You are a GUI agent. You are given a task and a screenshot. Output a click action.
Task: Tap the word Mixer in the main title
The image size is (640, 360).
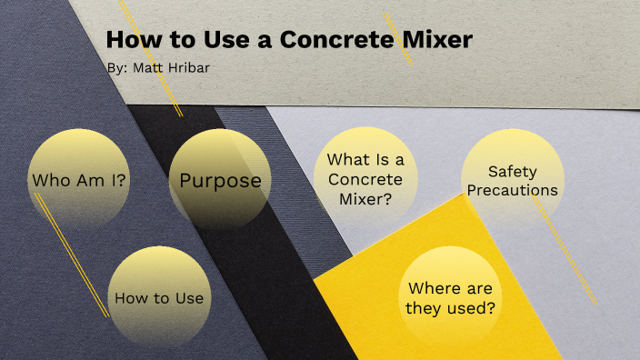point(442,41)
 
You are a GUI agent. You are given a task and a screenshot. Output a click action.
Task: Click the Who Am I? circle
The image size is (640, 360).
point(80,180)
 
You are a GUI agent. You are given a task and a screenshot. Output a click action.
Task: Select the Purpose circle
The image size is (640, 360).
point(220,180)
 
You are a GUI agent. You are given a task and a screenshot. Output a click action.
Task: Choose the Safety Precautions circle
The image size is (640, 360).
point(512,180)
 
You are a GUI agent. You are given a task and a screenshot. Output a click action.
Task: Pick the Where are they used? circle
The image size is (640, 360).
point(452,298)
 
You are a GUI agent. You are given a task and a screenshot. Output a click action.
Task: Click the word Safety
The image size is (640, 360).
point(513,171)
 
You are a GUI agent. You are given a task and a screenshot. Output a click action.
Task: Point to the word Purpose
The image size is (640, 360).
point(220,180)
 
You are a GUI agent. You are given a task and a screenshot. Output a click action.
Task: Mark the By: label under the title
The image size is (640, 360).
point(116,67)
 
